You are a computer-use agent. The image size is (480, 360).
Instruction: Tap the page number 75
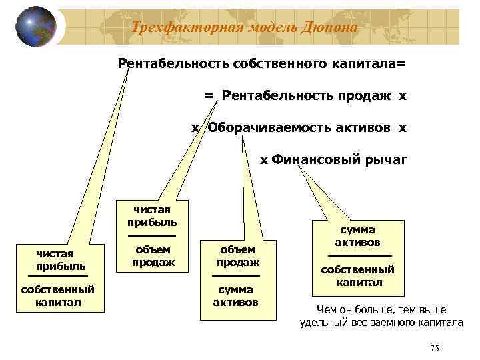(x=435, y=349)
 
